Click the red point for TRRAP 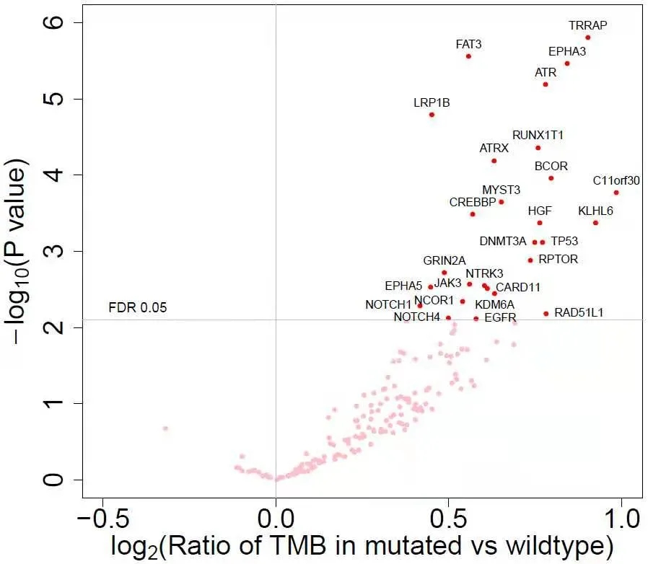588,38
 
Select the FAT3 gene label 468,44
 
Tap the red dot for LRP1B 432,115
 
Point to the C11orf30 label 616,180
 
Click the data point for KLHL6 595,223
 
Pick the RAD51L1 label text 579,312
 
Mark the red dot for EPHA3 567,63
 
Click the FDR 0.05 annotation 137,308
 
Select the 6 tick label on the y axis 56,22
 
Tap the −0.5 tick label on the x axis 102,519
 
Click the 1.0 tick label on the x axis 620,519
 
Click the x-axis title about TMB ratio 362,546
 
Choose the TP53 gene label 564,241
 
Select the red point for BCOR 551,178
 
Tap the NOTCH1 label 388,305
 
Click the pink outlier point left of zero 165,428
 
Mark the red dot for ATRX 494,161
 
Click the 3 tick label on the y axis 56,251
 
